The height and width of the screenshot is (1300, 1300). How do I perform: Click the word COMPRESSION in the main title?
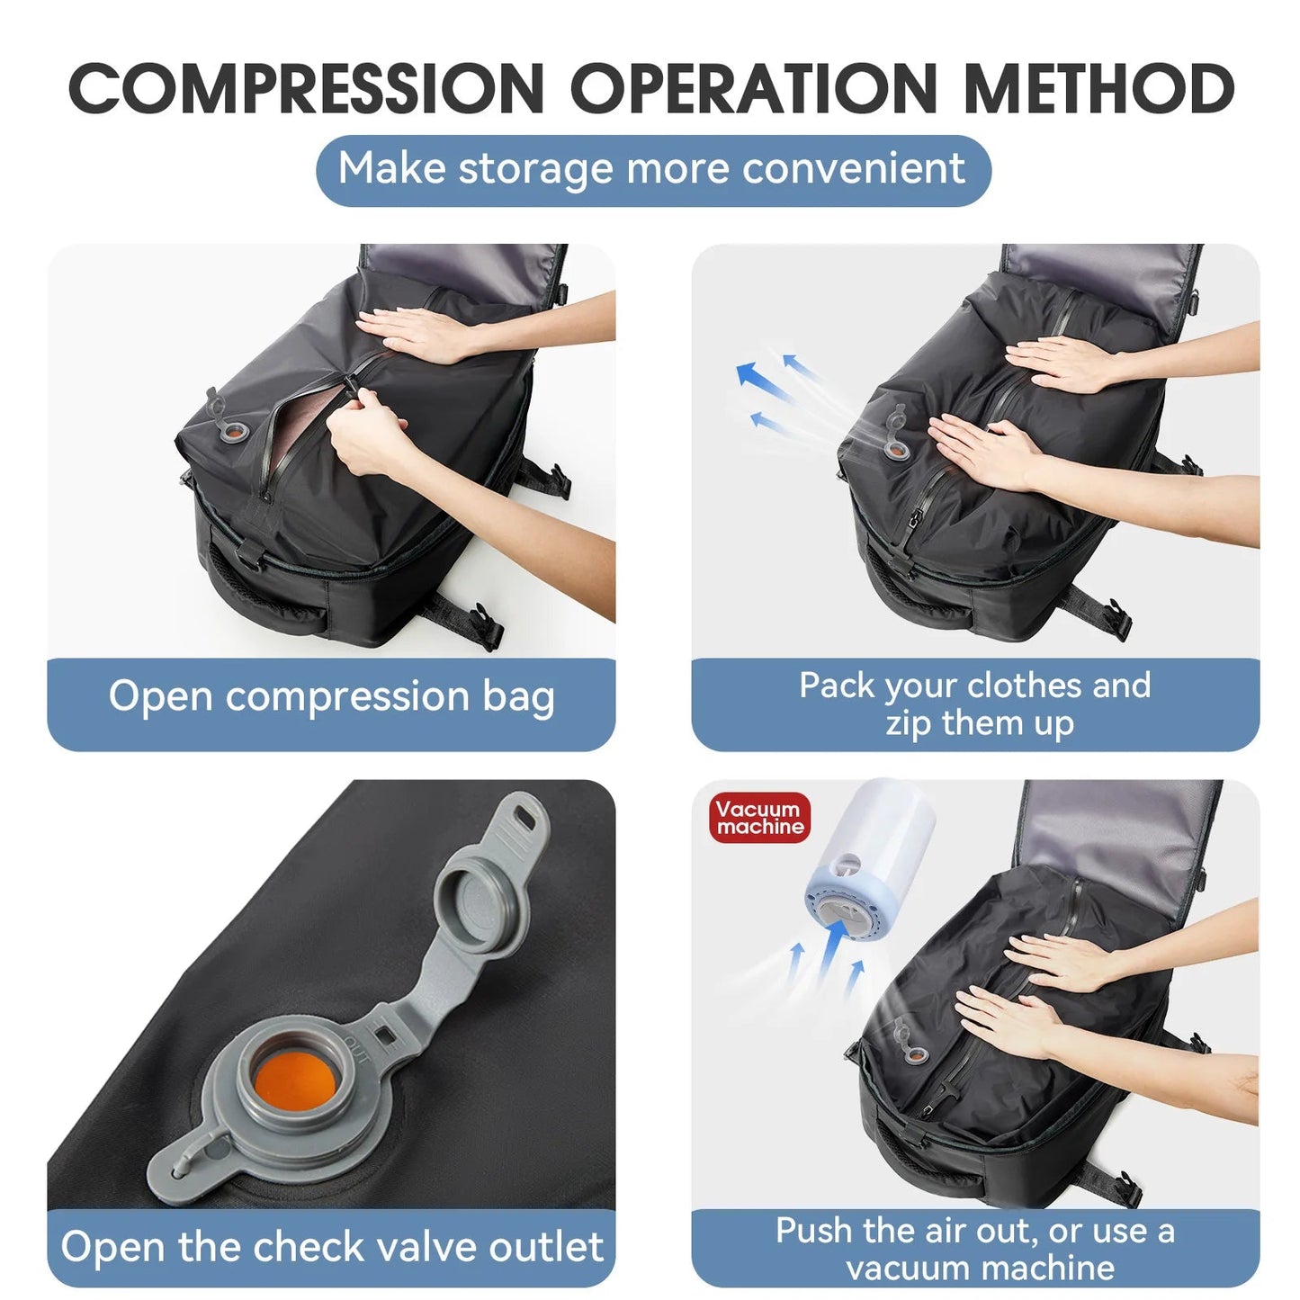click(306, 90)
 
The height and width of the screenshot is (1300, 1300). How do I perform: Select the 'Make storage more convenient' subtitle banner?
click(653, 170)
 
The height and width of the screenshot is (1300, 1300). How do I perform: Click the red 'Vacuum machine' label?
click(759, 818)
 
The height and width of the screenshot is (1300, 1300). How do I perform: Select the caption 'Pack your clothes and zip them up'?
click(975, 704)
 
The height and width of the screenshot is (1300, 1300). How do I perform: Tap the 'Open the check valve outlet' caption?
click(331, 1247)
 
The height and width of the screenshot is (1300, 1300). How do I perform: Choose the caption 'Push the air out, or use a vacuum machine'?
click(975, 1249)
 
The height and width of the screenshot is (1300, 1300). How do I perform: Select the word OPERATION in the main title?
click(754, 90)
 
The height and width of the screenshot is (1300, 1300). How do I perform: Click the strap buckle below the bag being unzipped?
click(487, 624)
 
